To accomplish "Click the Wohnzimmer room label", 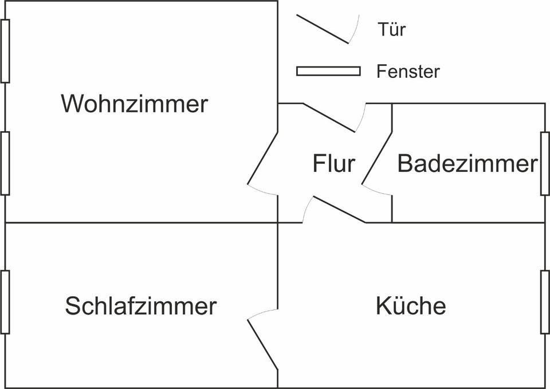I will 135,104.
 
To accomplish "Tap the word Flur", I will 333,164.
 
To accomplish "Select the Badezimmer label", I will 467,164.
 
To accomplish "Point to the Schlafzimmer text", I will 141,306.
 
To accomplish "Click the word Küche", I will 411,306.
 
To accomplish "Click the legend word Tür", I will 392,29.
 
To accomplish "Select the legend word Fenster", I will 408,72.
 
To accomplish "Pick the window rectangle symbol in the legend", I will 328,71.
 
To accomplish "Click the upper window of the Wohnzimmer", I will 5,50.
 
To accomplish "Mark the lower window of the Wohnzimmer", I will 5,163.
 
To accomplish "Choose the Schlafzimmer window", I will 5,301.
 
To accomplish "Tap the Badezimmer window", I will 545,163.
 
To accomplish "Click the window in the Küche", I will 545,301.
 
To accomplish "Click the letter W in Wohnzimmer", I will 73,104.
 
